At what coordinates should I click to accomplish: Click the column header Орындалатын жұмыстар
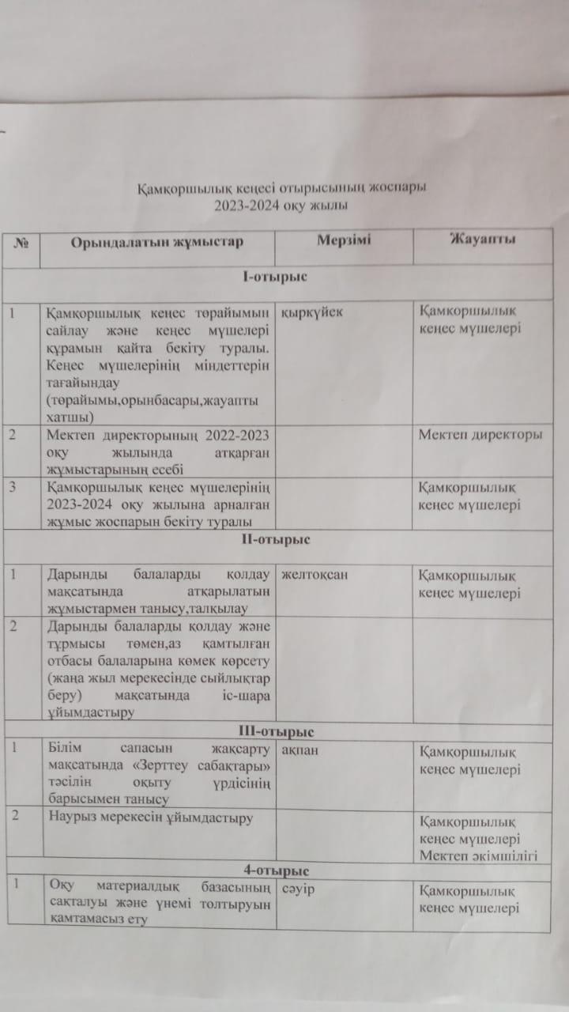(156, 240)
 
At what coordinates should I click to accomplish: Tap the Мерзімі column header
(343, 240)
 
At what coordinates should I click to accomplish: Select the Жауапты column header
(483, 239)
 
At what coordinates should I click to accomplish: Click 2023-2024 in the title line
(248, 206)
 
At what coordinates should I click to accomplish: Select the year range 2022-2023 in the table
(231, 434)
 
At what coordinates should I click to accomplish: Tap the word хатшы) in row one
(70, 417)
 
